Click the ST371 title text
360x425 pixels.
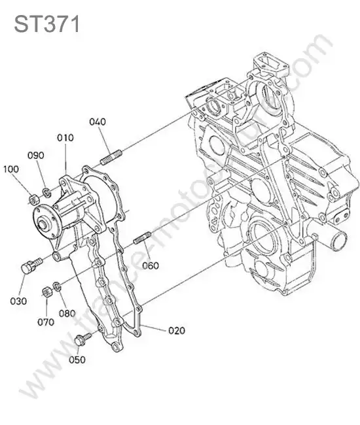pos(46,24)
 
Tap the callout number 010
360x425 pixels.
pos(65,138)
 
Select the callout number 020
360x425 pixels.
pos(177,330)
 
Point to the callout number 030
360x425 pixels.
pos(18,301)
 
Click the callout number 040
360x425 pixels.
pos(98,122)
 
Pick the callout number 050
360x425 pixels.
pos(77,360)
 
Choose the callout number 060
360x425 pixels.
pos(151,265)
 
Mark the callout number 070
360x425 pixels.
pos(46,322)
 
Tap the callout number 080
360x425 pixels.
pos(67,313)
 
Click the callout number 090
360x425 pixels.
pos(36,156)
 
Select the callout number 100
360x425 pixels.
pos(11,169)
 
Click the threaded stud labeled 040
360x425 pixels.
pos(111,158)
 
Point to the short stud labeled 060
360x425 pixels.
pos(142,238)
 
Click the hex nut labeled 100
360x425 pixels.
pos(34,199)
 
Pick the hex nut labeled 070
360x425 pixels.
pos(46,292)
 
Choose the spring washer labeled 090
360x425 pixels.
pos(46,192)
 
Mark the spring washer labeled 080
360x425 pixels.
pos(57,286)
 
